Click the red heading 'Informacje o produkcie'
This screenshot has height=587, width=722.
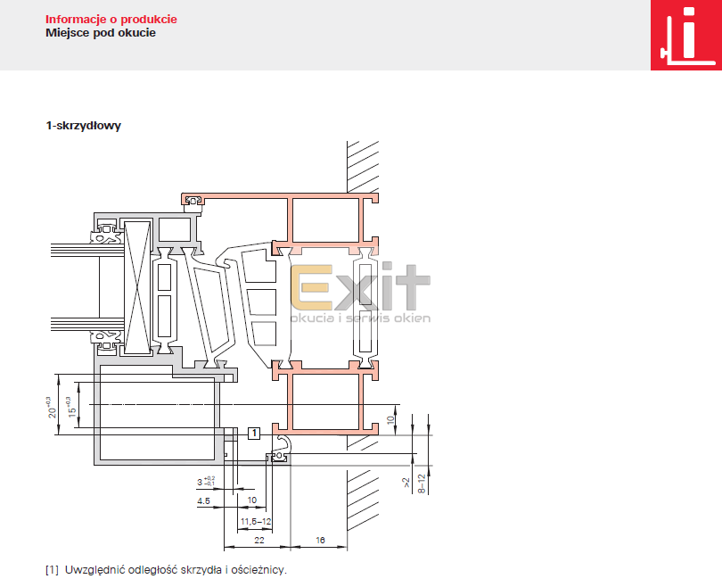point(111,20)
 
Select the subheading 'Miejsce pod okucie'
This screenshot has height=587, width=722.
point(101,33)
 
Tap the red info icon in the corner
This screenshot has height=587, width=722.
point(686,35)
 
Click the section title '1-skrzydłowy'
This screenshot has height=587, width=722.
point(84,126)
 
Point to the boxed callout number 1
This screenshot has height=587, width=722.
point(254,434)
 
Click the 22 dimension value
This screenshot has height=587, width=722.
point(259,540)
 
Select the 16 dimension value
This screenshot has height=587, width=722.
point(320,540)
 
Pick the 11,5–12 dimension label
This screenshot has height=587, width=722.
point(256,522)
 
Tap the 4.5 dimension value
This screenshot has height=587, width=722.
point(203,500)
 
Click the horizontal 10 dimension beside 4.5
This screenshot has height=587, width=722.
point(252,500)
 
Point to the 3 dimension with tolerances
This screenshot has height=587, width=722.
point(206,482)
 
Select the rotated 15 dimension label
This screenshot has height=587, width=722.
point(71,408)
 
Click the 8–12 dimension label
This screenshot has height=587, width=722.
point(422,484)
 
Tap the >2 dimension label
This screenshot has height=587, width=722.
point(406,483)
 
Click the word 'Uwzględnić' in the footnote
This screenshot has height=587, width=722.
point(94,570)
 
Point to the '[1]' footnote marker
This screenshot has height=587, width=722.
point(52,570)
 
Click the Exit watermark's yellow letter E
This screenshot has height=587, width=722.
point(312,287)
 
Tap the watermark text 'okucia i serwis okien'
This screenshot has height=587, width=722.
point(360,318)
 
